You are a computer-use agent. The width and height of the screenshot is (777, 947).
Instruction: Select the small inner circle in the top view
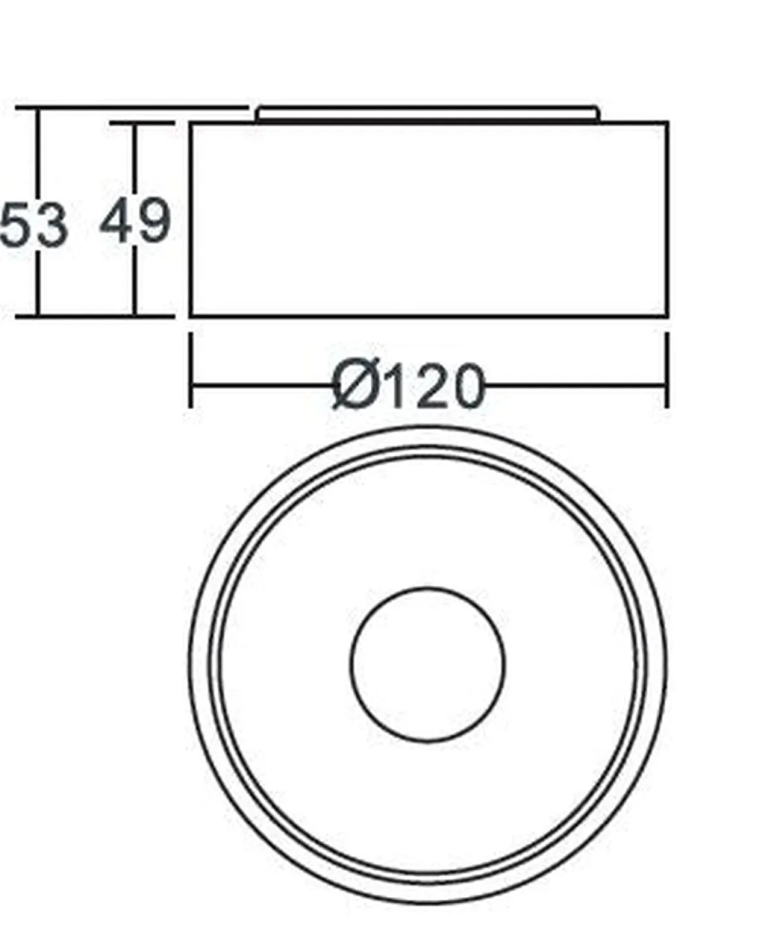tap(427, 664)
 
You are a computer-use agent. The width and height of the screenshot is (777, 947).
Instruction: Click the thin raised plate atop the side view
tap(427, 115)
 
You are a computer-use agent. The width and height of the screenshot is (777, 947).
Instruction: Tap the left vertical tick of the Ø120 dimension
tap(190, 371)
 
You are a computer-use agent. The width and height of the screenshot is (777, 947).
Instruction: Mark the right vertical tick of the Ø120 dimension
tap(667, 371)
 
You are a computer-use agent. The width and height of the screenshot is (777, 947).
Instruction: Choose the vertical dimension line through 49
tap(135, 162)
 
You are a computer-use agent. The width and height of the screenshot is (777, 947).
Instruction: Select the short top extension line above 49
tap(142, 122)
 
